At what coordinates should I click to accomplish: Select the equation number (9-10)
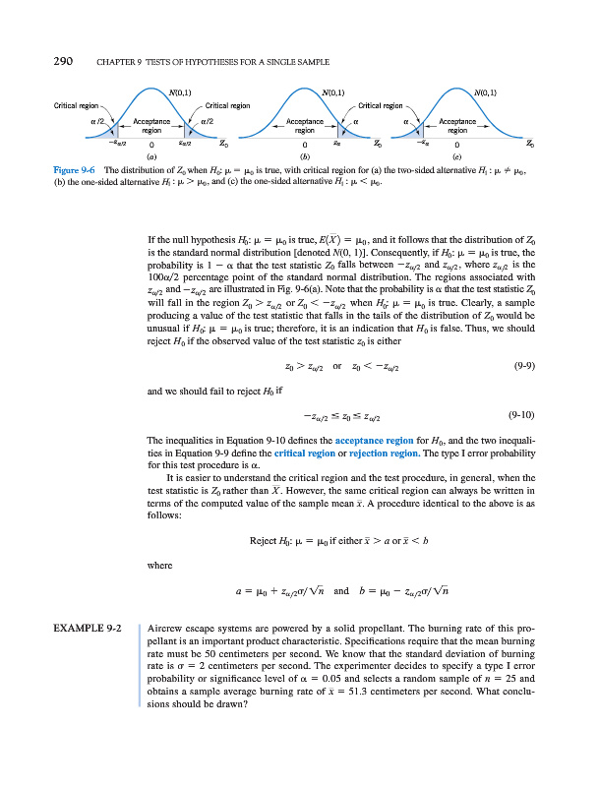[x=524, y=415]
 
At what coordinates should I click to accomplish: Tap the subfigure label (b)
[x=305, y=155]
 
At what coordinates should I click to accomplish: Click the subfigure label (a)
[x=150, y=155]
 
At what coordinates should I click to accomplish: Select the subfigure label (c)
[x=457, y=155]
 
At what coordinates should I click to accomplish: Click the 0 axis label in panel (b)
[x=306, y=145]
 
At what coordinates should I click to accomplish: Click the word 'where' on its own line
[x=156, y=565]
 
